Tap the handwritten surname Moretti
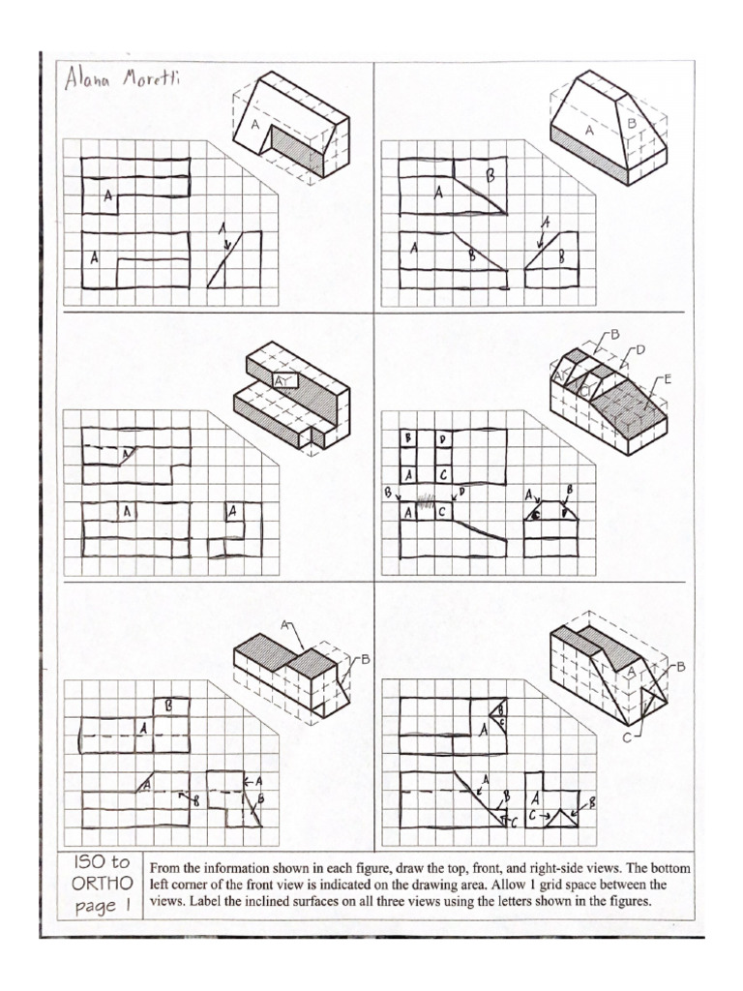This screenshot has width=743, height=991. [x=147, y=79]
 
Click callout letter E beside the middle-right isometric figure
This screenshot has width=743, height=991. [x=666, y=379]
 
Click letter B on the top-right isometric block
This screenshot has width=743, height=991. [x=631, y=123]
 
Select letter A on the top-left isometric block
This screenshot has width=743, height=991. [x=255, y=125]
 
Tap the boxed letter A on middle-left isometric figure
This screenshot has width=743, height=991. [x=282, y=381]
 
